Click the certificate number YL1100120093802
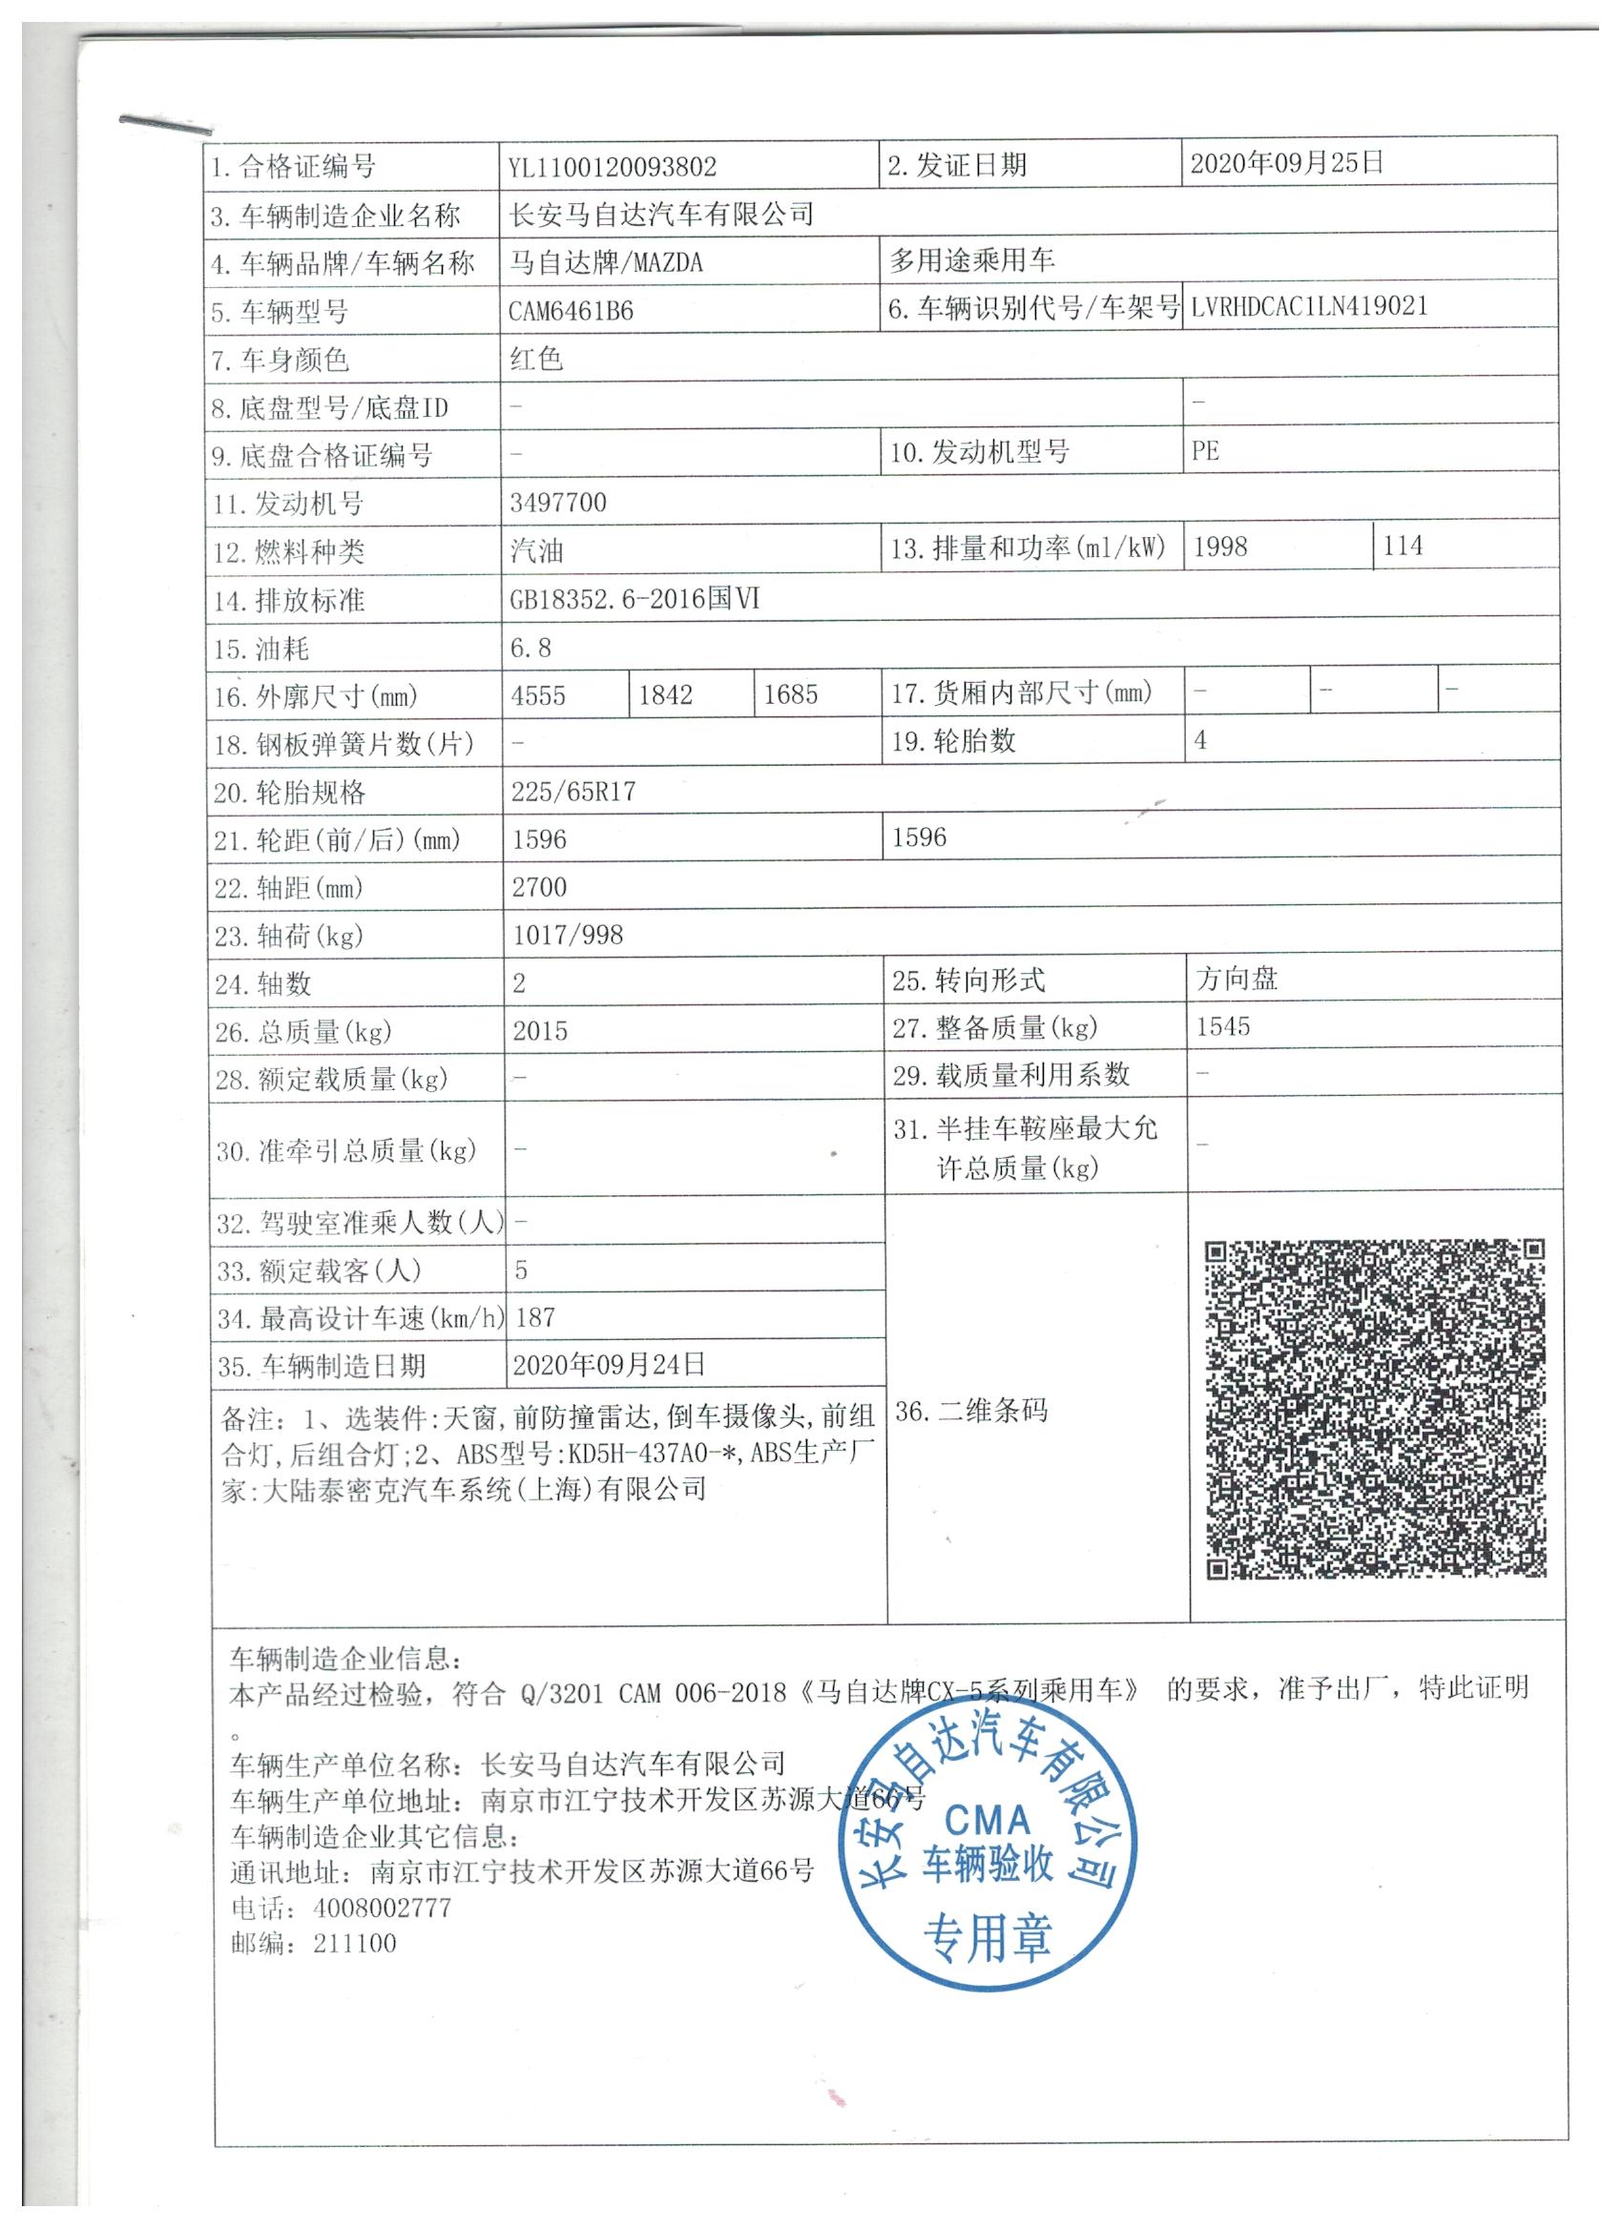[612, 167]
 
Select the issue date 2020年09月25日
[1286, 163]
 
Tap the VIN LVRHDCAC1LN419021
[1308, 306]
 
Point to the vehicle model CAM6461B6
[571, 312]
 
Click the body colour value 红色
[536, 359]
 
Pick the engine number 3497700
[558, 503]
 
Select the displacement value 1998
[1220, 547]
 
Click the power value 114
[1403, 546]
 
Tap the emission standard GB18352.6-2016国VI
[634, 599]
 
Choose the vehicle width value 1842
[666, 695]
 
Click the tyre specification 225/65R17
[573, 792]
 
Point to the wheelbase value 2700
[539, 887]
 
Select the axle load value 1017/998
[568, 935]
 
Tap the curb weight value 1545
[1222, 1027]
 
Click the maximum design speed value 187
[535, 1317]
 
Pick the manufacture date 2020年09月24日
[609, 1365]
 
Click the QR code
[1375, 1409]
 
